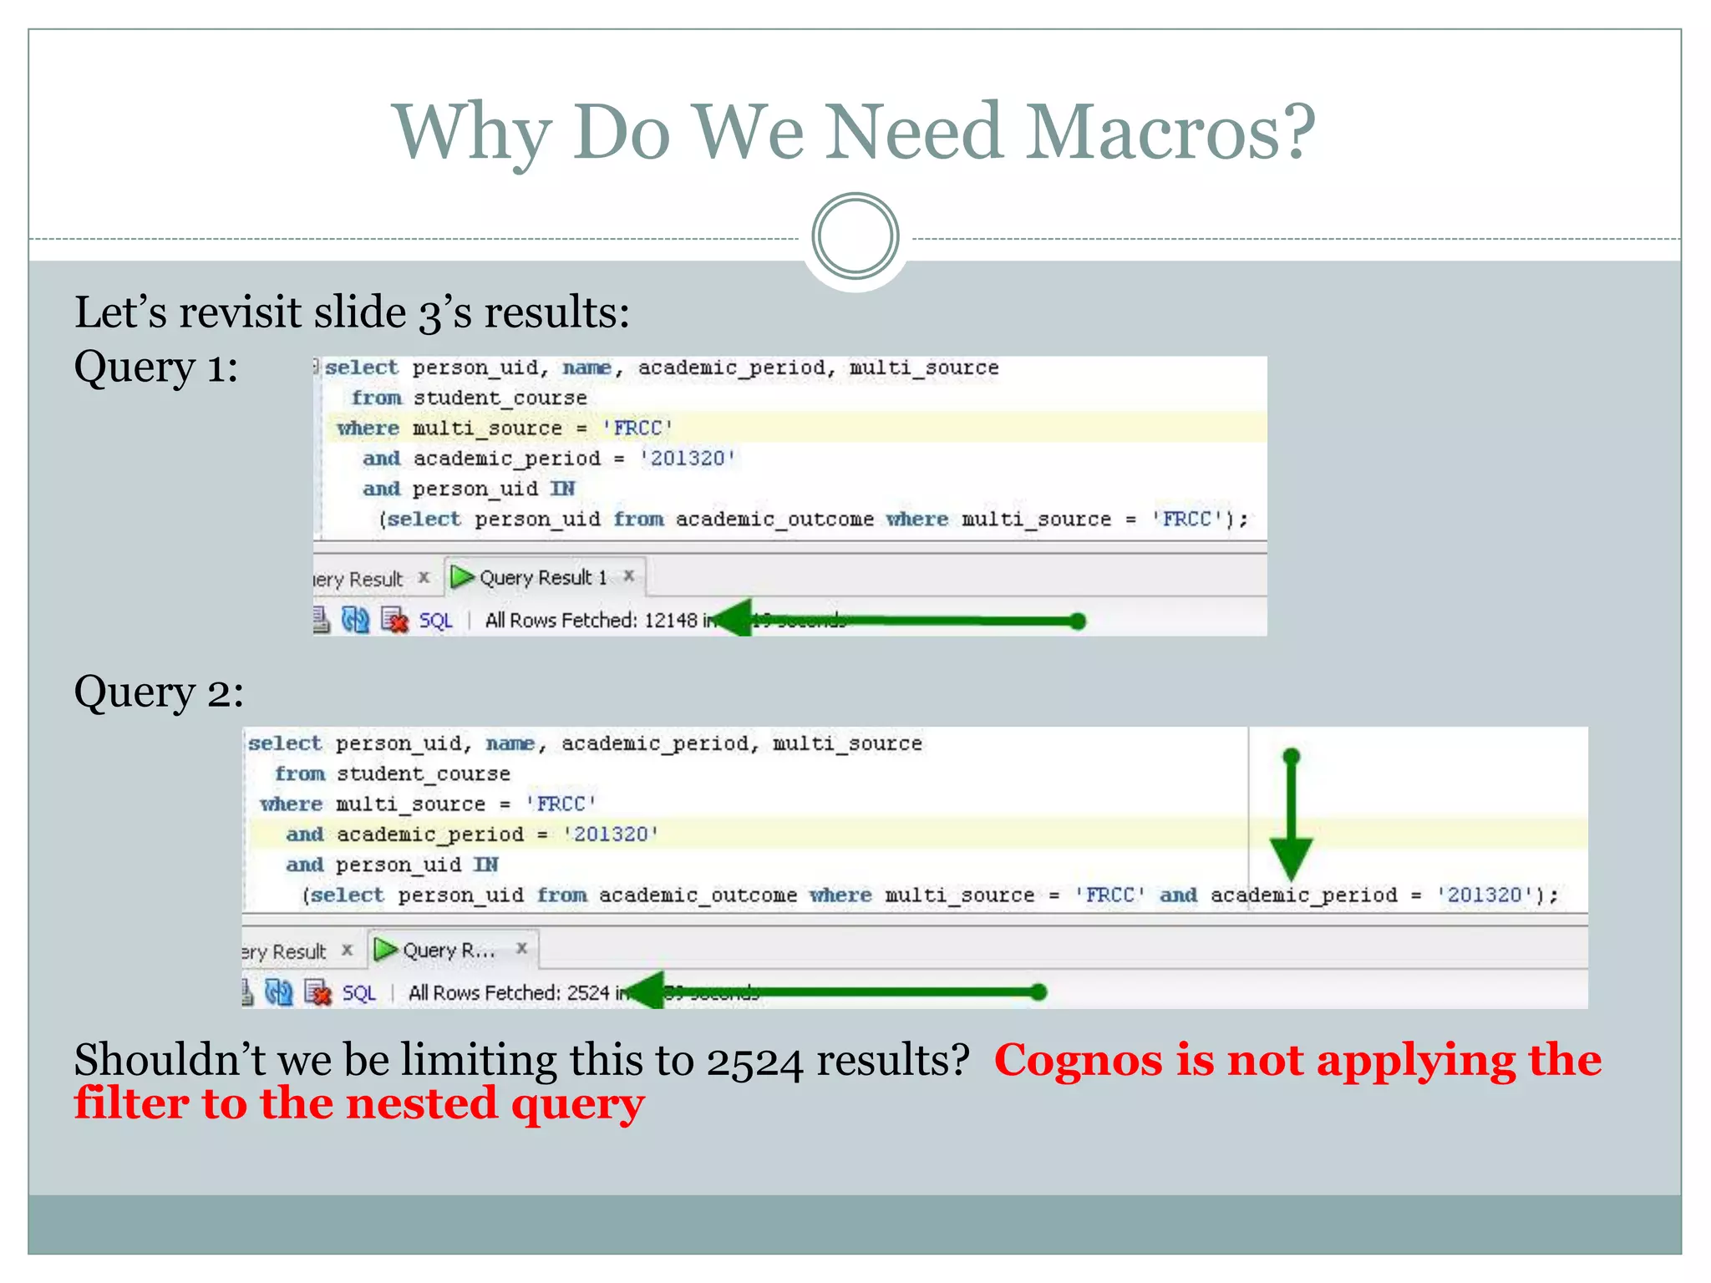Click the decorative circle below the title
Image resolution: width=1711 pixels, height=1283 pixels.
pos(855,236)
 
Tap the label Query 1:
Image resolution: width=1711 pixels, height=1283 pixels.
pos(156,368)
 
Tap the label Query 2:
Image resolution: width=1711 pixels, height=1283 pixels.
pos(159,692)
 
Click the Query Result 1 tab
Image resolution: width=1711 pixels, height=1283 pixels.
pos(541,577)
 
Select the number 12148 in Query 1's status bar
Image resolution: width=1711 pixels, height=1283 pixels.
pos(671,621)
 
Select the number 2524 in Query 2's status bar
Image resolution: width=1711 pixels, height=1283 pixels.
pos(588,992)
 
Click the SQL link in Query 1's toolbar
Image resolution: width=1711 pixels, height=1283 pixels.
pos(435,621)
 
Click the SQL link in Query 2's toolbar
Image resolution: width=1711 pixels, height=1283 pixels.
pos(358,993)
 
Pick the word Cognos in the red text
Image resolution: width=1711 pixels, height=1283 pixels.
pos(1078,1061)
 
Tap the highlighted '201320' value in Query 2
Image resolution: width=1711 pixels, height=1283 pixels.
pos(611,834)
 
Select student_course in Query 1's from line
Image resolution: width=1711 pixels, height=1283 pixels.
pos(500,398)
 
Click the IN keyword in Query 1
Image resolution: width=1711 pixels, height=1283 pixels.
pos(562,489)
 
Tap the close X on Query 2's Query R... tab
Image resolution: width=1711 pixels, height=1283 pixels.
pos(521,948)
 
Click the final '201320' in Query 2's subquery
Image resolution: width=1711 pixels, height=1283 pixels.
pos(1485,895)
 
